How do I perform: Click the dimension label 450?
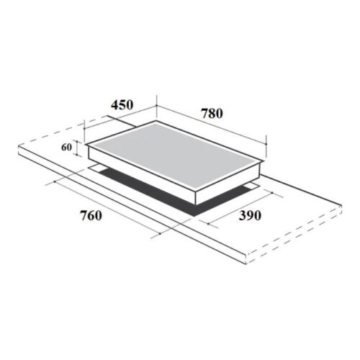tap(122, 105)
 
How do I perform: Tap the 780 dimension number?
tap(211, 113)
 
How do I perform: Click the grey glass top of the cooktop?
tap(173, 152)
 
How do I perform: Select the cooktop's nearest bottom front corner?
tap(195, 203)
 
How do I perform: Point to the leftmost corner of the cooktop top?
tap(86, 144)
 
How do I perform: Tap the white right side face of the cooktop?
tap(230, 184)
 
